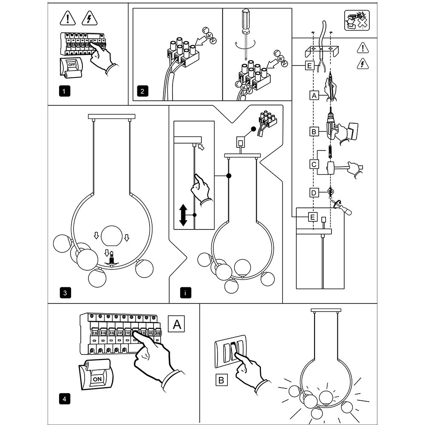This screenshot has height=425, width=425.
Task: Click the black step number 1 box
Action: pyautogui.click(x=63, y=91)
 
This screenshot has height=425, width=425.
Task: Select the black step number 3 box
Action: pyautogui.click(x=63, y=293)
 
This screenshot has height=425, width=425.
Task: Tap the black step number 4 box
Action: pyautogui.click(x=63, y=399)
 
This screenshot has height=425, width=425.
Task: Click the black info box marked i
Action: pyautogui.click(x=185, y=293)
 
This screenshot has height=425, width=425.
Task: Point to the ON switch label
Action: pyautogui.click(x=97, y=378)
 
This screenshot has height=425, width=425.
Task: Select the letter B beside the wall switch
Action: pyautogui.click(x=221, y=380)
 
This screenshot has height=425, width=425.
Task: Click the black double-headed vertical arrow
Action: pyautogui.click(x=183, y=215)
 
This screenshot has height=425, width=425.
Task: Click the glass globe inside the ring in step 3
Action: pyautogui.click(x=110, y=235)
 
